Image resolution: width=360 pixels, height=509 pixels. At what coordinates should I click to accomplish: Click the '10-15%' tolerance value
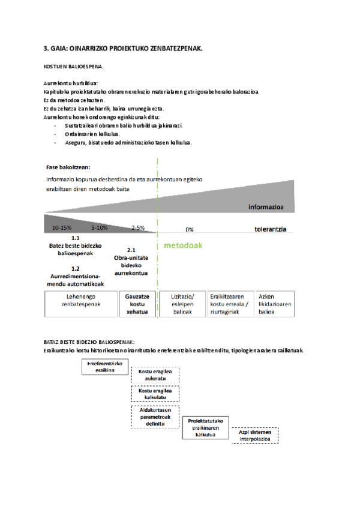[62, 227]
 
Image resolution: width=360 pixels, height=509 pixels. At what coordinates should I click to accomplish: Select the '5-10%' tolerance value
[100, 227]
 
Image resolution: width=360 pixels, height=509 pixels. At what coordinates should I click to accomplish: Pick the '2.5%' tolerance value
[138, 227]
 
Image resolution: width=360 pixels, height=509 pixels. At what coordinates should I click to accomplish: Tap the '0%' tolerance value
[189, 229]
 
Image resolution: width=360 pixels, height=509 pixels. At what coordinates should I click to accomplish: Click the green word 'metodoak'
[183, 245]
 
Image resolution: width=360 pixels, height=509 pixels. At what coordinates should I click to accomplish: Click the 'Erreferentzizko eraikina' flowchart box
[105, 367]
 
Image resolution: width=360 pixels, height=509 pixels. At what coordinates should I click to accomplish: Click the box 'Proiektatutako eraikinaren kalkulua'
[205, 428]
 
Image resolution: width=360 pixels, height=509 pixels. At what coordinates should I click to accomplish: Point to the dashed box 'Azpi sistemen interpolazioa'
[255, 436]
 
